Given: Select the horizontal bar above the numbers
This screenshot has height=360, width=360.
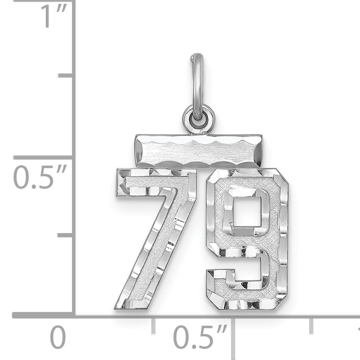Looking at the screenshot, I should coord(199,151).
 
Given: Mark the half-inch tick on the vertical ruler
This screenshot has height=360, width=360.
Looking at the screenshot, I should coord(43,157).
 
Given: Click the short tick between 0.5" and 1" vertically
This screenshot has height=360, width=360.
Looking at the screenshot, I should coord(65,75).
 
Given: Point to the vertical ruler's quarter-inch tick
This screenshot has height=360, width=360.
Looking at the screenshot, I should coord(65,235).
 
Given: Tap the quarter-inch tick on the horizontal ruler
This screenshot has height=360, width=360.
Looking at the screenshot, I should coord(153,325).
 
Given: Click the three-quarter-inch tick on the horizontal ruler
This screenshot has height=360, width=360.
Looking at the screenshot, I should coord(311,325).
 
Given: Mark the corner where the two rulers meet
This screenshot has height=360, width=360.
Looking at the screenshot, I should coord(74,315).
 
